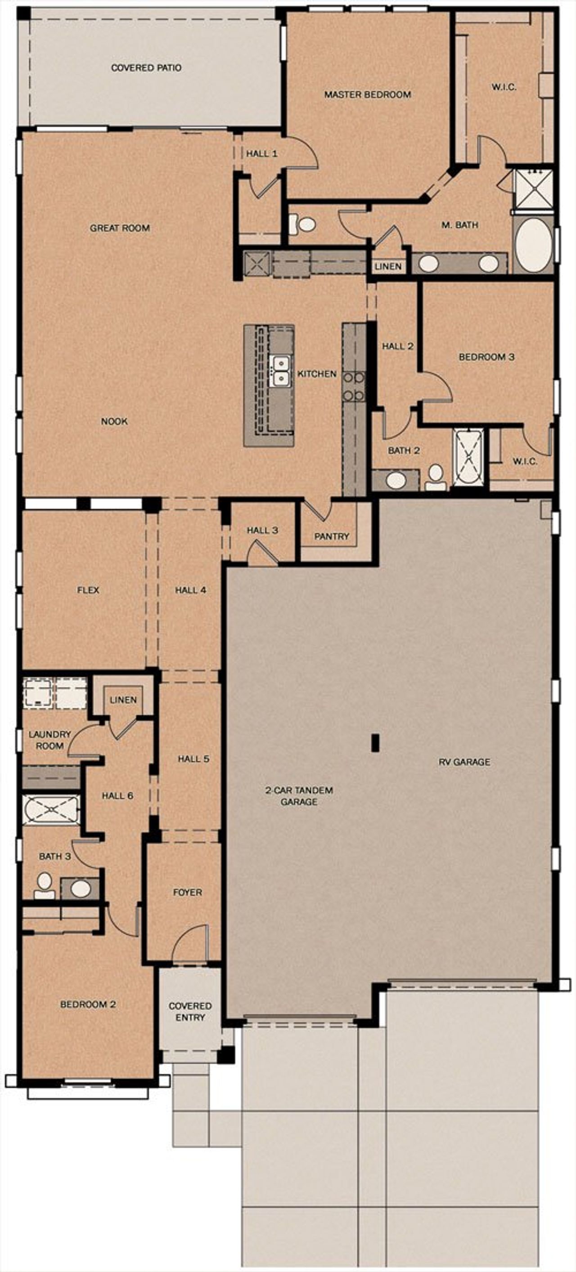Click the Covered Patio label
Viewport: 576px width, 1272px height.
[x=146, y=67]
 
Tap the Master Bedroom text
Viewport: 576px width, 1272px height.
[x=367, y=94]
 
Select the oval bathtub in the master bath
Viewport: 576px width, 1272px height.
[x=533, y=245]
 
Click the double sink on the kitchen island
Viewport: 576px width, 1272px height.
[x=281, y=371]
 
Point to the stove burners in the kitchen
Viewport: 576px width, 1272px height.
[x=354, y=386]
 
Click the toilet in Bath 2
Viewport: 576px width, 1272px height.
[x=435, y=476]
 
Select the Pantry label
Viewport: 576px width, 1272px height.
[x=332, y=536]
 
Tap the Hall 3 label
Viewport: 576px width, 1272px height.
[x=262, y=530]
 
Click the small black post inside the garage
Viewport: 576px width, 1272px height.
[x=375, y=743]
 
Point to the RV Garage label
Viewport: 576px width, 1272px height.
[x=464, y=762]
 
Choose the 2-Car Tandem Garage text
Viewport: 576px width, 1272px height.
[x=299, y=795]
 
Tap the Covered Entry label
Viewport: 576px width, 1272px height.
[x=190, y=1011]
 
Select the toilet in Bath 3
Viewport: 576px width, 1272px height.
[x=45, y=885]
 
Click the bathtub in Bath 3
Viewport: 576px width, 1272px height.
[x=51, y=810]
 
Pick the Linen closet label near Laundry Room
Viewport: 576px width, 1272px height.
[x=123, y=700]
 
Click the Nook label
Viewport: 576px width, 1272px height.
[x=114, y=421]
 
